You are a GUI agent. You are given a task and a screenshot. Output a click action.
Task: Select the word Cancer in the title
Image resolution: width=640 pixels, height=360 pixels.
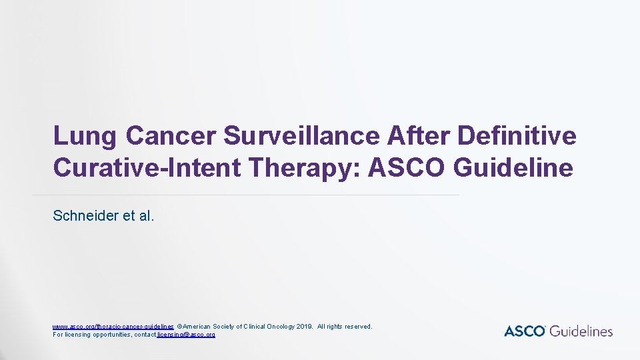[171, 136]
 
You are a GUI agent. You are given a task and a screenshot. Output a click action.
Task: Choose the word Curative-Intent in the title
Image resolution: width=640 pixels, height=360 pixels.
[147, 168]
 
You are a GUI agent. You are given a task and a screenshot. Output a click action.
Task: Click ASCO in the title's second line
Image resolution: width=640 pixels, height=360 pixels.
[407, 168]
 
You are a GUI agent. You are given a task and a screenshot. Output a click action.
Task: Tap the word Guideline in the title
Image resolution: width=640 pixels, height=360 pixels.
[513, 168]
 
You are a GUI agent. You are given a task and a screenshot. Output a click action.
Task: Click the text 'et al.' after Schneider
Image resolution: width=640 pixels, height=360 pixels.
[138, 216]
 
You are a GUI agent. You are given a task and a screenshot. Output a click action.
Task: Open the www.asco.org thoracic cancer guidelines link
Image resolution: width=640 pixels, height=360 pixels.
[113, 327]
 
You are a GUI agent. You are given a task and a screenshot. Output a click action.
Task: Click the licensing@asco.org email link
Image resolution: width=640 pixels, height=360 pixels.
[186, 335]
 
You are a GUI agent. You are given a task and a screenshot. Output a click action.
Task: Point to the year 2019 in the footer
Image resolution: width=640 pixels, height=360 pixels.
[303, 327]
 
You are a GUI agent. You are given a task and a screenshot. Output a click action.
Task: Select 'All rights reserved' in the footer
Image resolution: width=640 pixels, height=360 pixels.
[345, 327]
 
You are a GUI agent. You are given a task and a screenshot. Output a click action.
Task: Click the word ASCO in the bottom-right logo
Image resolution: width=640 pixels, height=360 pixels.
[525, 331]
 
